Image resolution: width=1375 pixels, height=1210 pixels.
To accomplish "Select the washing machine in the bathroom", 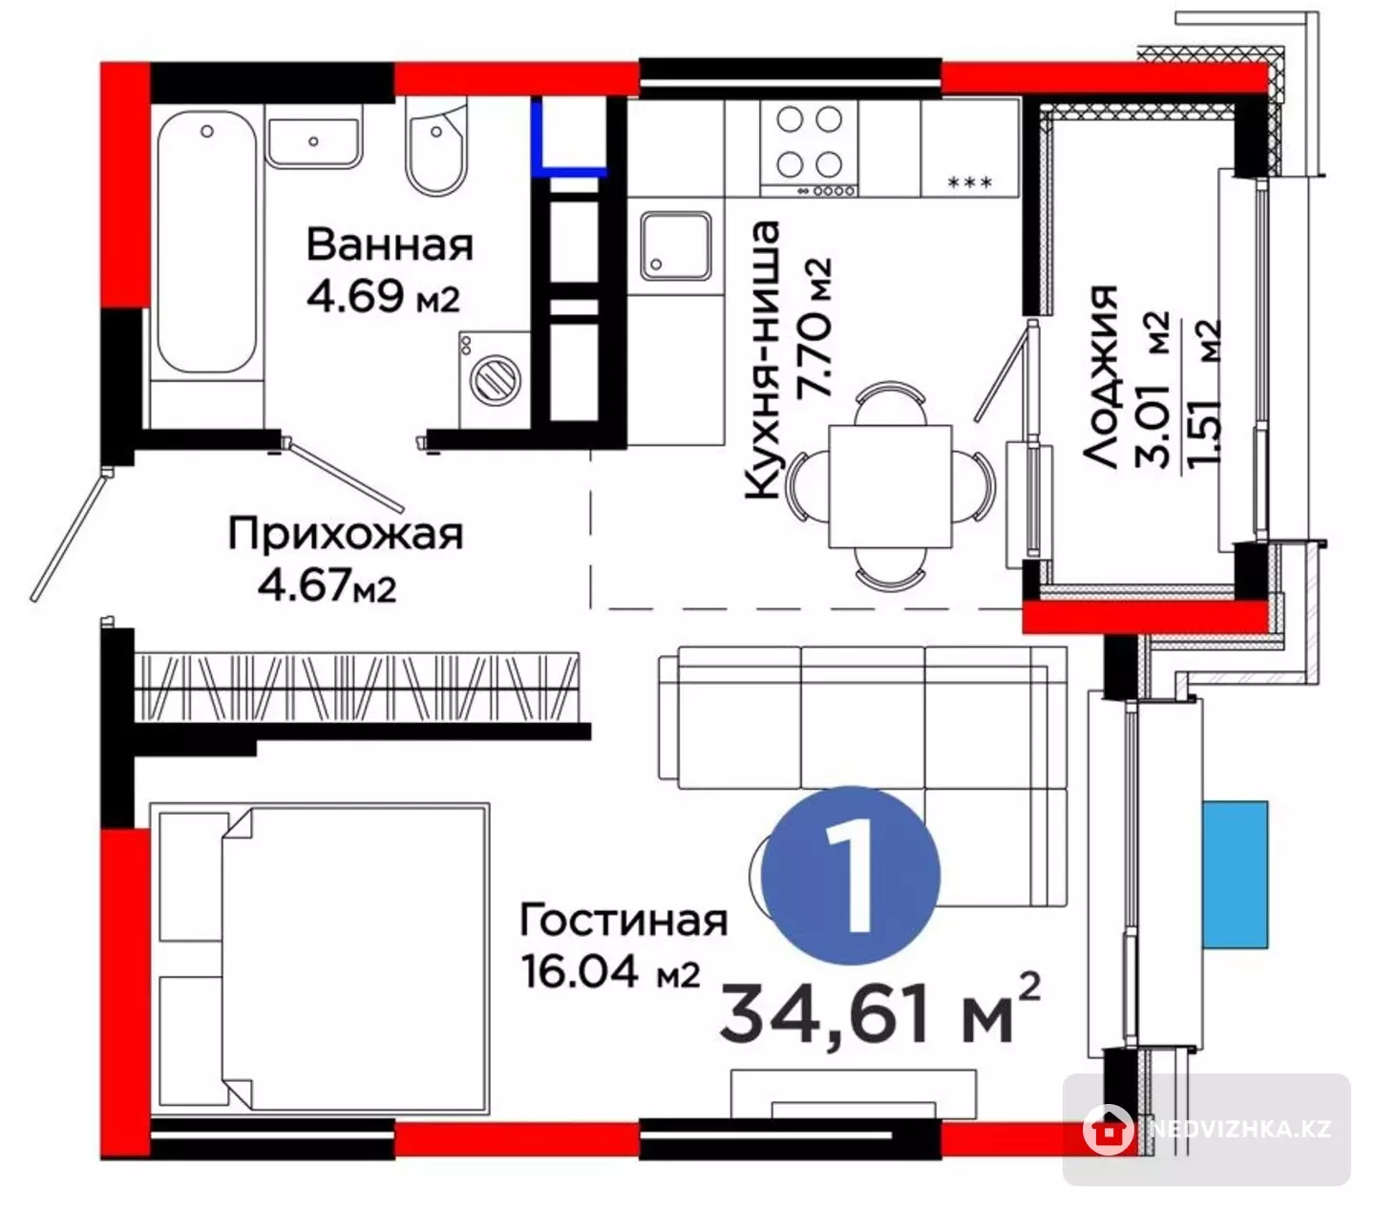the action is [494, 379].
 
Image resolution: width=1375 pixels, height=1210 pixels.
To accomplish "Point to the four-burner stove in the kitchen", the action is [810, 149].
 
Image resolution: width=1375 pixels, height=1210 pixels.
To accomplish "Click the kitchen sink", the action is [676, 245].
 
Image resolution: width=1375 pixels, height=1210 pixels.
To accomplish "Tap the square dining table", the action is [891, 485].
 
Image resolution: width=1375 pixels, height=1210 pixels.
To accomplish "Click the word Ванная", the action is [390, 244].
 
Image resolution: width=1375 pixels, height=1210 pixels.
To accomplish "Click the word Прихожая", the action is [346, 535].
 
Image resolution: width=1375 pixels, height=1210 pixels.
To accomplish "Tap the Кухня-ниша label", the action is [762, 361].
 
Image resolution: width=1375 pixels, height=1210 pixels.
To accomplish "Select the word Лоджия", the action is [1099, 376].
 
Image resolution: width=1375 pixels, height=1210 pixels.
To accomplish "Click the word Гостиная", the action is [623, 920].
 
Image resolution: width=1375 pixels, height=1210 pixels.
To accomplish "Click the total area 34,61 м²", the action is [879, 1014].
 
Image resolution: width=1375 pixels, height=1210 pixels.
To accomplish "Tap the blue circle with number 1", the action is [851, 876].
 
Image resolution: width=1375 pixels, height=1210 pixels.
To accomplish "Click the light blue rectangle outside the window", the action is [1236, 875].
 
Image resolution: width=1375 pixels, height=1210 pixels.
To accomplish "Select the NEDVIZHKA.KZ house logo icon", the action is [1108, 1130].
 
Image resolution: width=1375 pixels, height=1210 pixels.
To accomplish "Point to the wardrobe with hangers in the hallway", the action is [357, 688].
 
